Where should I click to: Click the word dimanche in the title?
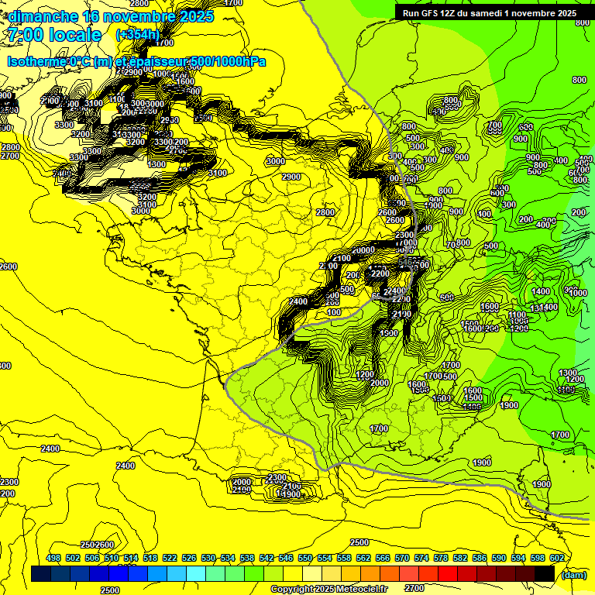coord(43,16)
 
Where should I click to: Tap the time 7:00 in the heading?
coord(26,35)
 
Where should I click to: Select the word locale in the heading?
coord(74,35)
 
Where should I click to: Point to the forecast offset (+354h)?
coord(137,35)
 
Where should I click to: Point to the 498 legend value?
coord(53,559)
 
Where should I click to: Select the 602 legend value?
coord(556,559)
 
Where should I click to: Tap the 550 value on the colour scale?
coord(304,559)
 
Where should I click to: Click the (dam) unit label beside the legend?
coord(573,575)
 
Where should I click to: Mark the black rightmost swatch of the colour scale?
coord(545,573)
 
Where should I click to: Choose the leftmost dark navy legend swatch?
coord(42,573)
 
